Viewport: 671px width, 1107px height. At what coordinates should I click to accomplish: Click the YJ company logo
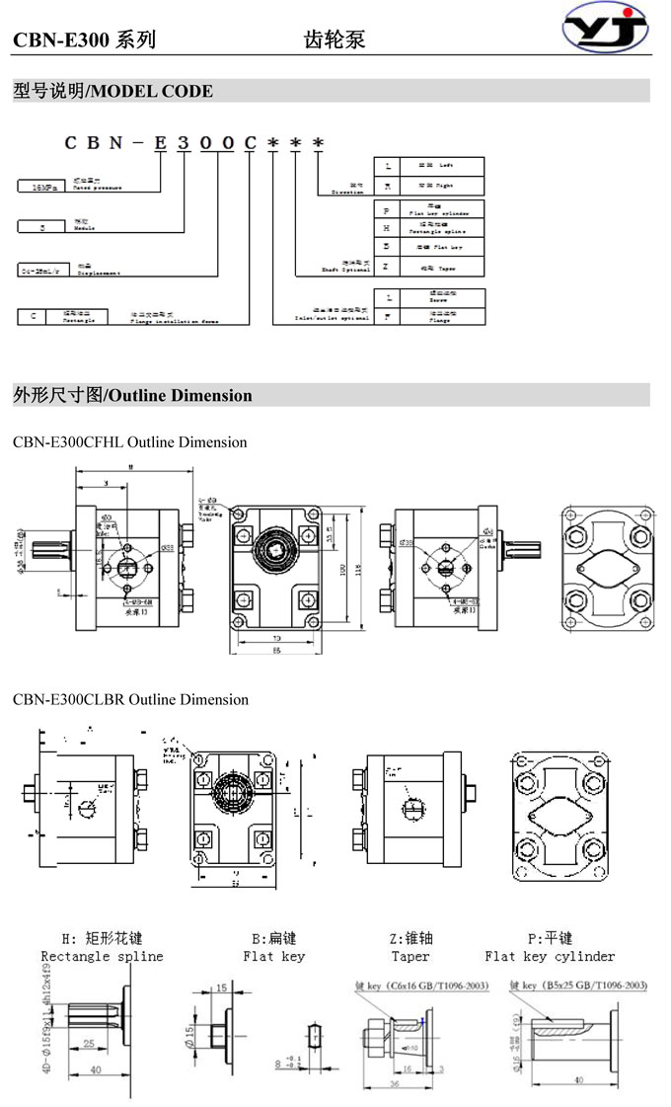click(606, 30)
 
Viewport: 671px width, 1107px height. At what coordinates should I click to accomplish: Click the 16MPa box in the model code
click(44, 186)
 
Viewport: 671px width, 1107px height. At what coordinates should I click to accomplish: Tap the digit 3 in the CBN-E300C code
click(184, 143)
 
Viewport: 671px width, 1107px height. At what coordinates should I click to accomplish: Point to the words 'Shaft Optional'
click(344, 268)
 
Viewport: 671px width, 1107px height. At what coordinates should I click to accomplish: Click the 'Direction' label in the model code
click(347, 191)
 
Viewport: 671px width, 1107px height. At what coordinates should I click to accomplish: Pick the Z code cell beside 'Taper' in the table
click(387, 267)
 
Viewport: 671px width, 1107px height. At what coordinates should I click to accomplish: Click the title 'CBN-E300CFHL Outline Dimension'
click(129, 442)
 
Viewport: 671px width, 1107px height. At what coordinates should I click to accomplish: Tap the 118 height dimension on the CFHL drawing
click(359, 570)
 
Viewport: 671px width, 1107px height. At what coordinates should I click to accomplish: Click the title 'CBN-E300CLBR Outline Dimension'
click(130, 699)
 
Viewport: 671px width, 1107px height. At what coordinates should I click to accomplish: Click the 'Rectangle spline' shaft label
click(102, 956)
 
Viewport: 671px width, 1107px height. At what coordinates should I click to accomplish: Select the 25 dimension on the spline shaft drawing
click(90, 1041)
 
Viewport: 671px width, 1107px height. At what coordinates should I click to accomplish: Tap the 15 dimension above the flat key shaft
click(221, 988)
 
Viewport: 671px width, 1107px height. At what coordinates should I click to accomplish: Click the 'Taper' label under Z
click(410, 956)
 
